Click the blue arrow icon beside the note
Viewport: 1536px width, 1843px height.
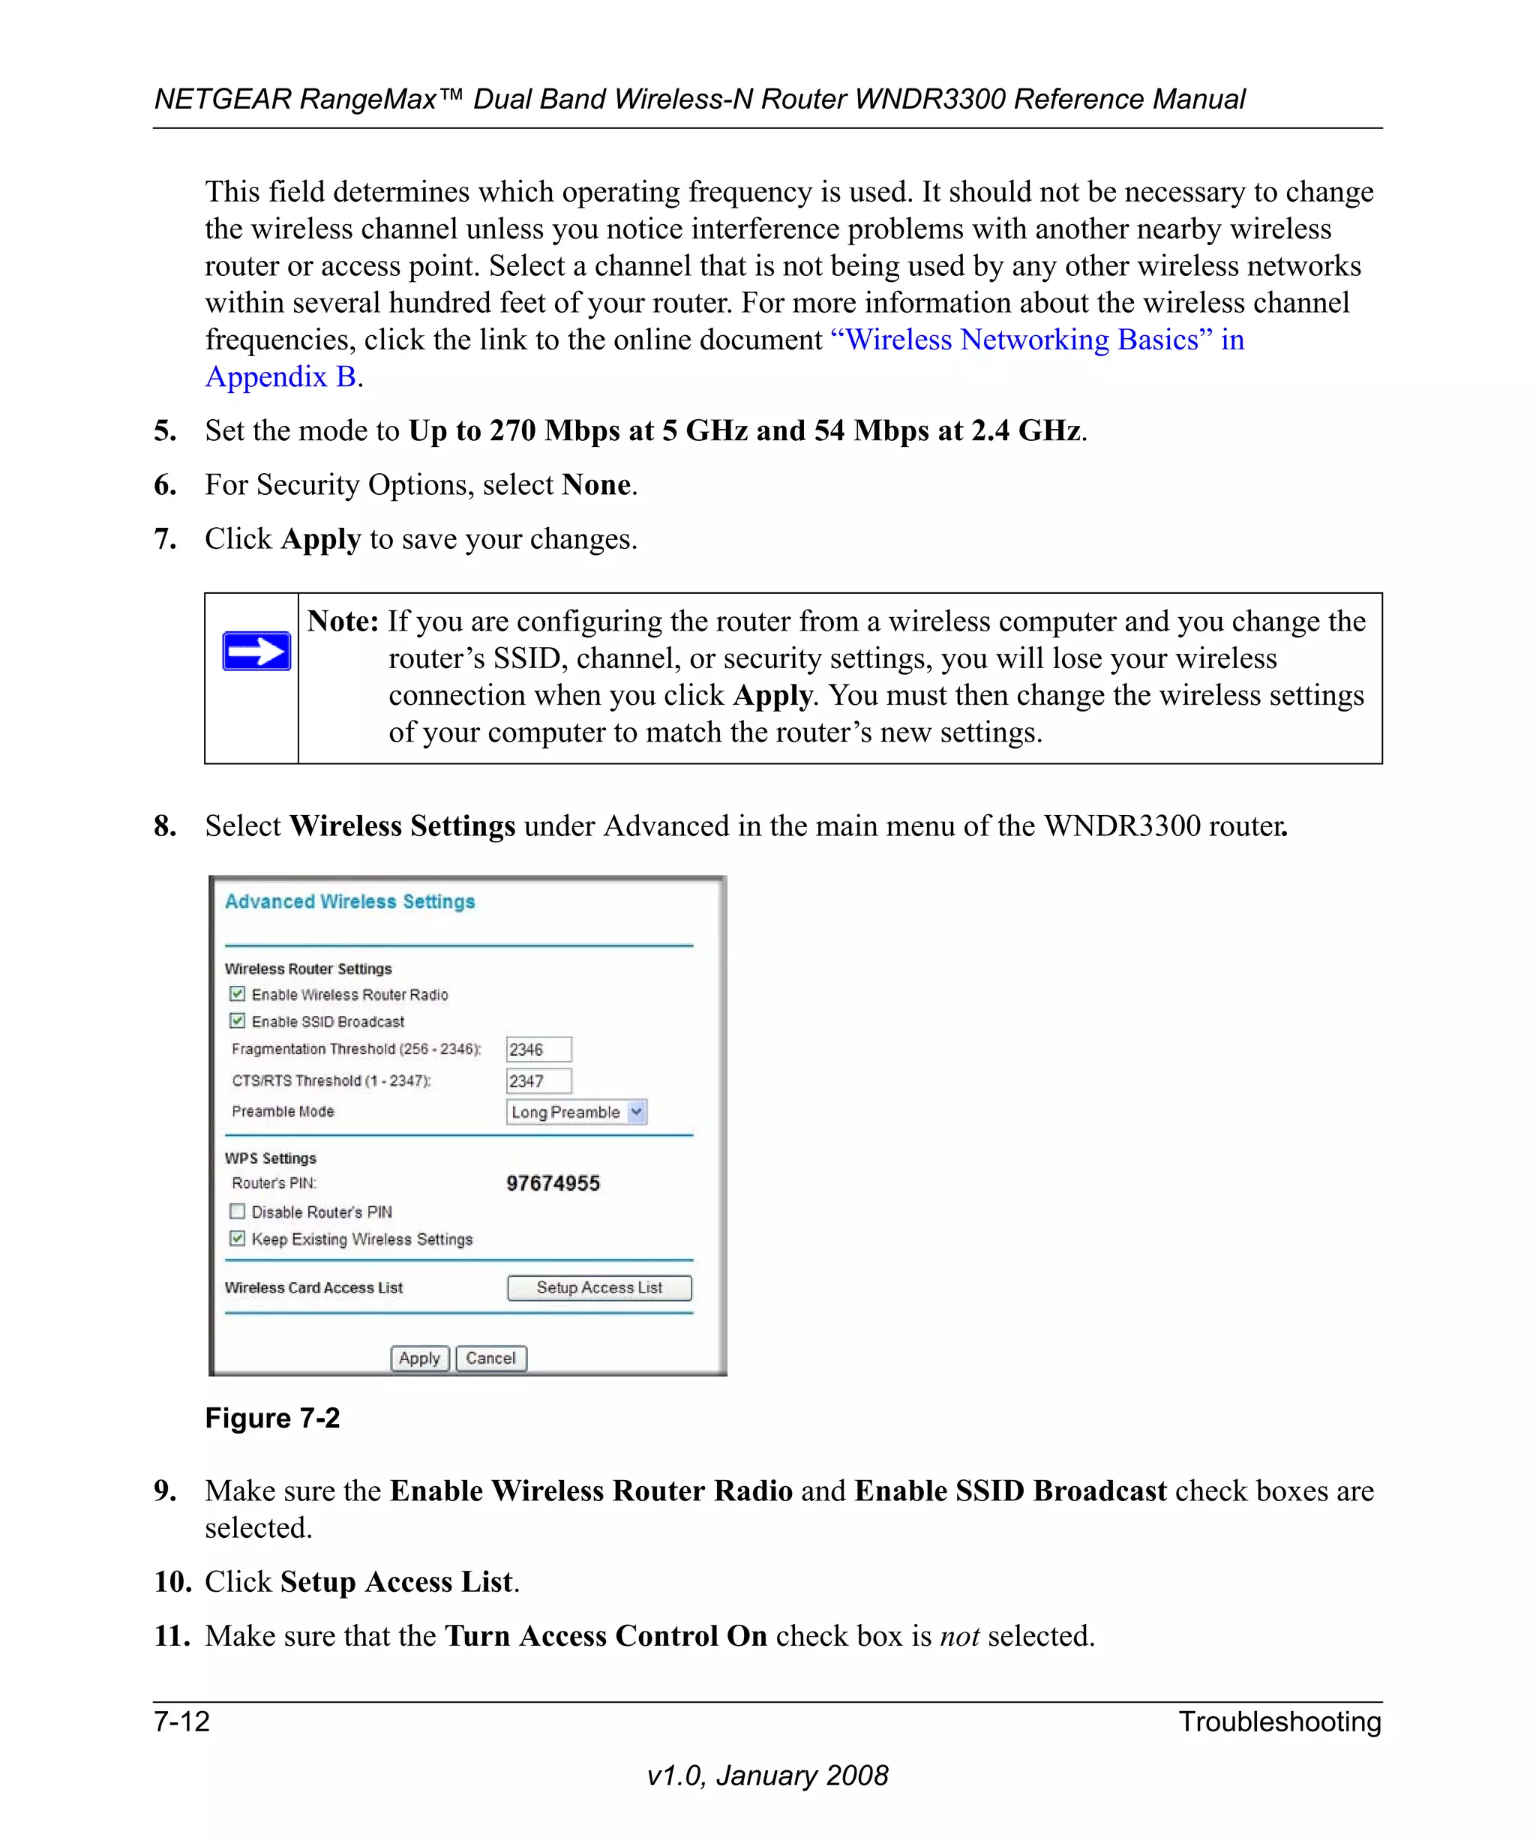tap(256, 651)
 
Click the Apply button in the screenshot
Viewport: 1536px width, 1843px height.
tap(419, 1358)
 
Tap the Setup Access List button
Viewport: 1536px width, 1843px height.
tap(599, 1287)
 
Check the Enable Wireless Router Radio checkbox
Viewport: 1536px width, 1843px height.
tap(237, 993)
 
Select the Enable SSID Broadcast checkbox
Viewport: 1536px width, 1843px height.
tap(237, 1020)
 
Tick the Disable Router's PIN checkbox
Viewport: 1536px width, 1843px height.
tap(237, 1211)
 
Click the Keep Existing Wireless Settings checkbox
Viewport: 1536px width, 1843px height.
tap(237, 1239)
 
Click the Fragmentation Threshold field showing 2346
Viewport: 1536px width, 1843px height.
tap(538, 1049)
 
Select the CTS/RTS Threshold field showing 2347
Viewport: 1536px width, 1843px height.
tap(538, 1080)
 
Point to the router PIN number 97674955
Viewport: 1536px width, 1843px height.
tap(553, 1183)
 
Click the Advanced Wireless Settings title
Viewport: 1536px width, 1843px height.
tap(349, 901)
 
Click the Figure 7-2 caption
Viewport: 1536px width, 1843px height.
tap(272, 1418)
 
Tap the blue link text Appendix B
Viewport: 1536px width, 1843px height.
tap(280, 376)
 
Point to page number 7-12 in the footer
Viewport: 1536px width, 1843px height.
tap(181, 1721)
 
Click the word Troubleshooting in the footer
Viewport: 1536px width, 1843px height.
tap(1279, 1721)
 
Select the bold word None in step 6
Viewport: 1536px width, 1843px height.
tap(596, 484)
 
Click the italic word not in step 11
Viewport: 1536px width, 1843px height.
tap(958, 1636)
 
